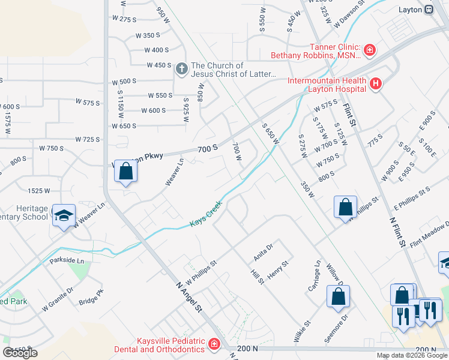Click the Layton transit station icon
(x=429, y=10)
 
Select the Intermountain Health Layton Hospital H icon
(x=376, y=83)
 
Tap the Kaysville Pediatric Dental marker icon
(x=214, y=344)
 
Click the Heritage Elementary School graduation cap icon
(x=63, y=215)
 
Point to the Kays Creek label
(x=206, y=214)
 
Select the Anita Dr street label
(x=263, y=251)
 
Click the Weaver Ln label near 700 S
(x=174, y=172)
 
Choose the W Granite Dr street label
(x=58, y=299)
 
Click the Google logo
(x=20, y=353)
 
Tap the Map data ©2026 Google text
(x=411, y=355)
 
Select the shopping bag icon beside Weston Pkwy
(x=126, y=172)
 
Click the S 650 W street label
(x=271, y=134)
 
